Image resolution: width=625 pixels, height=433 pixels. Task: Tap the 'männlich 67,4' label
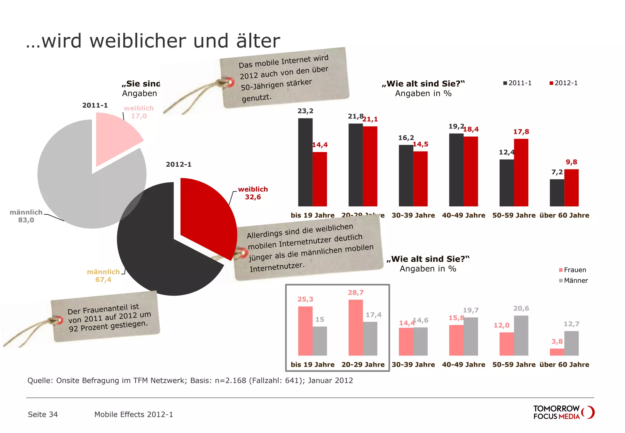pos(103,276)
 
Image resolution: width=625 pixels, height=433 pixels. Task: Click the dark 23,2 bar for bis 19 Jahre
pos(305,162)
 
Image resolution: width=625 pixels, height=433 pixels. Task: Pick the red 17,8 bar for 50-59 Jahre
pos(521,173)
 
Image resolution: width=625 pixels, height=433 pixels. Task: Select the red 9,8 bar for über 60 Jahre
pos(571,188)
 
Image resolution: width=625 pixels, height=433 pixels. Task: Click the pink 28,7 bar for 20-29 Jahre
pos(356,327)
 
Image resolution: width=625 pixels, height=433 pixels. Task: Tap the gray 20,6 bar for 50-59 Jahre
pos(521,335)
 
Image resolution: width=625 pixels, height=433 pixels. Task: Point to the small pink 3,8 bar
pos(557,352)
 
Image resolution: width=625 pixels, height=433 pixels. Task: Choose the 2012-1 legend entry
pos(564,83)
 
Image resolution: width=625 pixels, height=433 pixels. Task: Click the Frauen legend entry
pos(573,270)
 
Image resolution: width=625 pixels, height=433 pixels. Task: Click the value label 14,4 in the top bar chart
pos(320,145)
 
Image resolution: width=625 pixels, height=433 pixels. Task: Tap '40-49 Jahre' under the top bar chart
pos(463,215)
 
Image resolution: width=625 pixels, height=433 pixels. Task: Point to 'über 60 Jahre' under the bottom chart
pos(564,365)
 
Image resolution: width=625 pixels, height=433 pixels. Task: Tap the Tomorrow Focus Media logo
pos(563,413)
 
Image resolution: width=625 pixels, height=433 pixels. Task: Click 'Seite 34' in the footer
pos(43,414)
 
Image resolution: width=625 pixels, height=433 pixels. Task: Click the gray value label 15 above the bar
pos(320,319)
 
